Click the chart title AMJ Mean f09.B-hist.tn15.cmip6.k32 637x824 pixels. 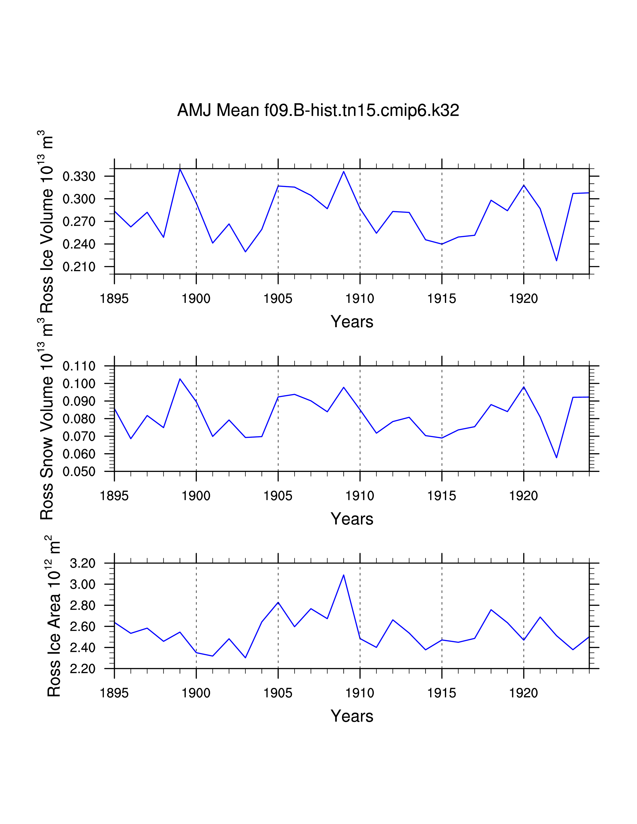pyautogui.click(x=318, y=110)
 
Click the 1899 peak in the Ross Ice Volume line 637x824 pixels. pyautogui.click(x=180, y=169)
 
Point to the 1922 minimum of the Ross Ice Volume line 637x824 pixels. pyautogui.click(x=556, y=261)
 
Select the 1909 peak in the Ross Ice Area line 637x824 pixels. pyautogui.click(x=343, y=575)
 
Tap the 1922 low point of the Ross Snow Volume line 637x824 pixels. pyautogui.click(x=556, y=458)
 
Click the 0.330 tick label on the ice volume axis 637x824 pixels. pyautogui.click(x=79, y=176)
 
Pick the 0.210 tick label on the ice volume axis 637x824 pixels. pyautogui.click(x=79, y=267)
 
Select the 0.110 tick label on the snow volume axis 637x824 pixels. pyautogui.click(x=79, y=366)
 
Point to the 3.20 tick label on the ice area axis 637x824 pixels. pyautogui.click(x=83, y=563)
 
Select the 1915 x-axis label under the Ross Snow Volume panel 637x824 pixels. pyautogui.click(x=441, y=496)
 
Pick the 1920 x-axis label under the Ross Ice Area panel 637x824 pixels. pyautogui.click(x=523, y=693)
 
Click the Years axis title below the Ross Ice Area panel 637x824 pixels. pyautogui.click(x=352, y=716)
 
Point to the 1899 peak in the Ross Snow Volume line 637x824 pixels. pyautogui.click(x=180, y=379)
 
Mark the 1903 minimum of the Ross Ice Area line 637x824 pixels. pyautogui.click(x=245, y=658)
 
